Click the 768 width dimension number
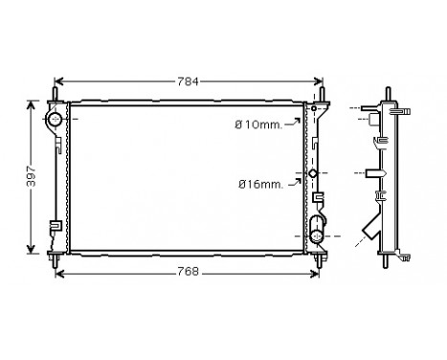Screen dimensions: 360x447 pyautogui.click(x=188, y=273)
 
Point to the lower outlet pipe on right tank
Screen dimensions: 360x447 pyautogui.click(x=319, y=234)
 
